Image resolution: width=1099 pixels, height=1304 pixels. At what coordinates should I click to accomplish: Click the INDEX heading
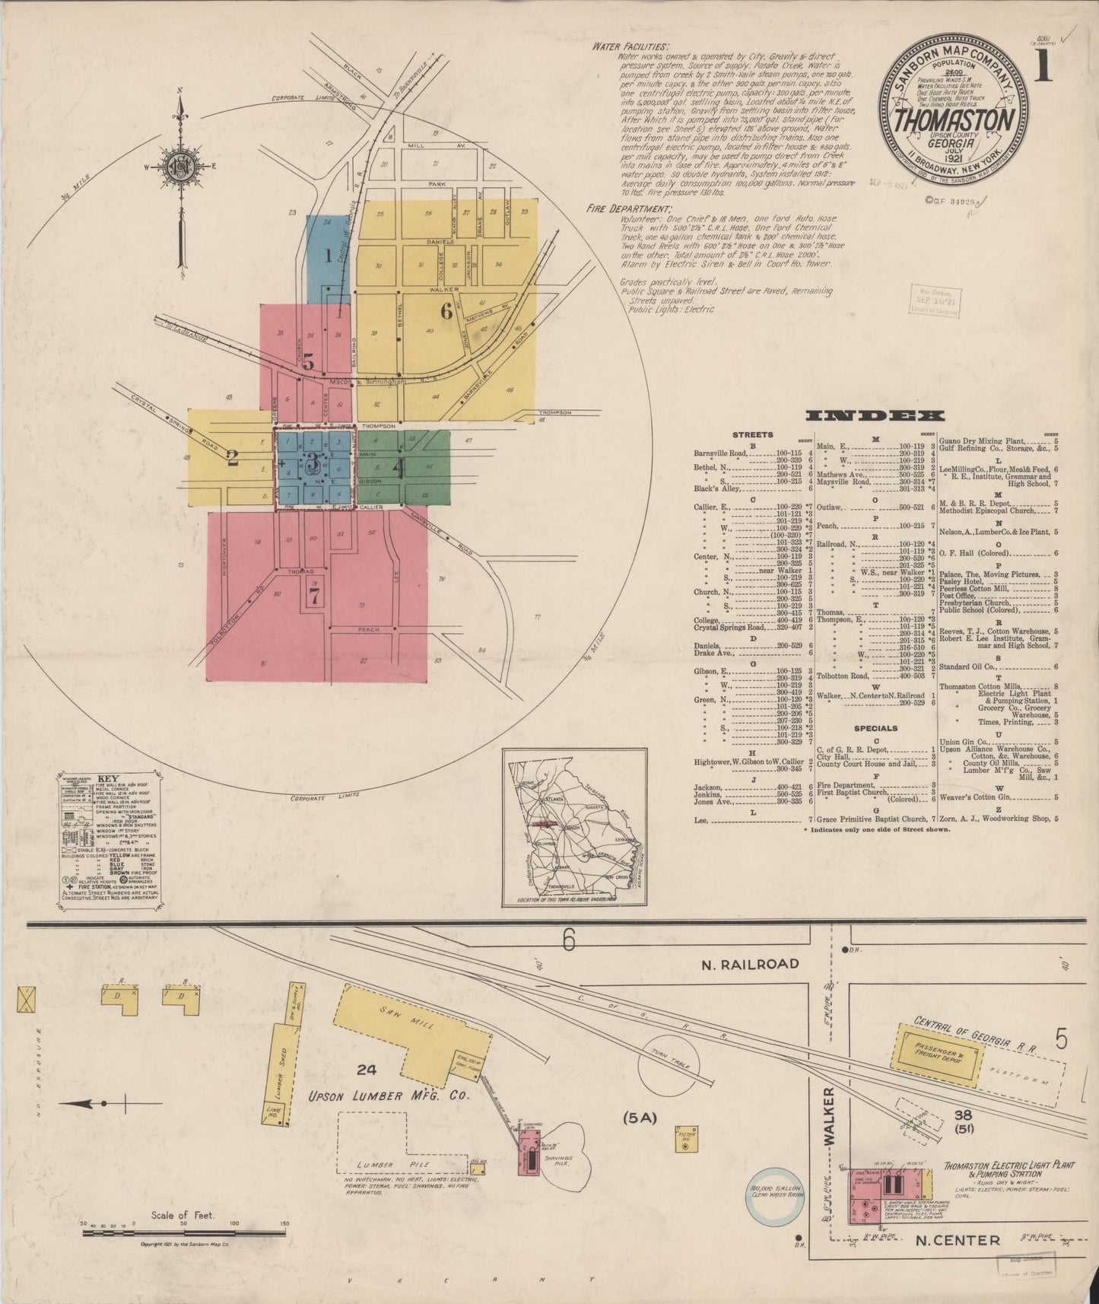[x=875, y=415]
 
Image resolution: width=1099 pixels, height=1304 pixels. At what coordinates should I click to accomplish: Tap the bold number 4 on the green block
[x=397, y=469]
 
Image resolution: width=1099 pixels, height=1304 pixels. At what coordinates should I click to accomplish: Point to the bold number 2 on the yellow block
[x=233, y=458]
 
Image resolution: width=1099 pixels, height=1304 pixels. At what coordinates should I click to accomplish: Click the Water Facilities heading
[x=630, y=46]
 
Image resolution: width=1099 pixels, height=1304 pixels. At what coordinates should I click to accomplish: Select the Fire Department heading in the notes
[x=630, y=208]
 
